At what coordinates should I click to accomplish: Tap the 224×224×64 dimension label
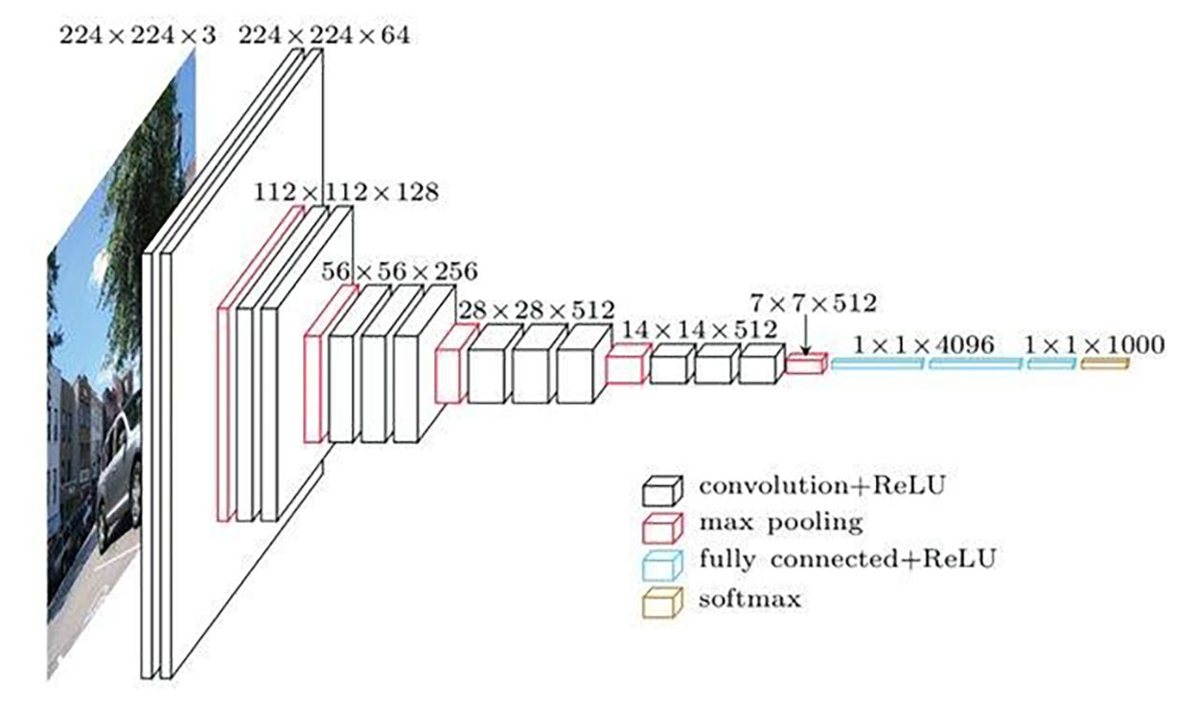(324, 36)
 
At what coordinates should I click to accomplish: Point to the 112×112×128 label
(346, 192)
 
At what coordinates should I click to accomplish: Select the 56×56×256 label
(399, 270)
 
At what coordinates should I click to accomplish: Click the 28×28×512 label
(537, 310)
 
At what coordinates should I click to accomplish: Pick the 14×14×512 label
(700, 329)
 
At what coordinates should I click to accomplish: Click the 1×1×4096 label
(923, 343)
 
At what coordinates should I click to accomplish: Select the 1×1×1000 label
(1094, 343)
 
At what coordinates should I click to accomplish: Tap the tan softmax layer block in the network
(1105, 363)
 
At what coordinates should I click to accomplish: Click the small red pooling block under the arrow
(806, 363)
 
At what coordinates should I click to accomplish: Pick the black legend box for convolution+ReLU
(662, 490)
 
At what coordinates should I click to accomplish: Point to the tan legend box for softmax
(662, 602)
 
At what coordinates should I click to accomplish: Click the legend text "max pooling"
(780, 523)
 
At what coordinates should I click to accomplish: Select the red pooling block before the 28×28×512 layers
(454, 364)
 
